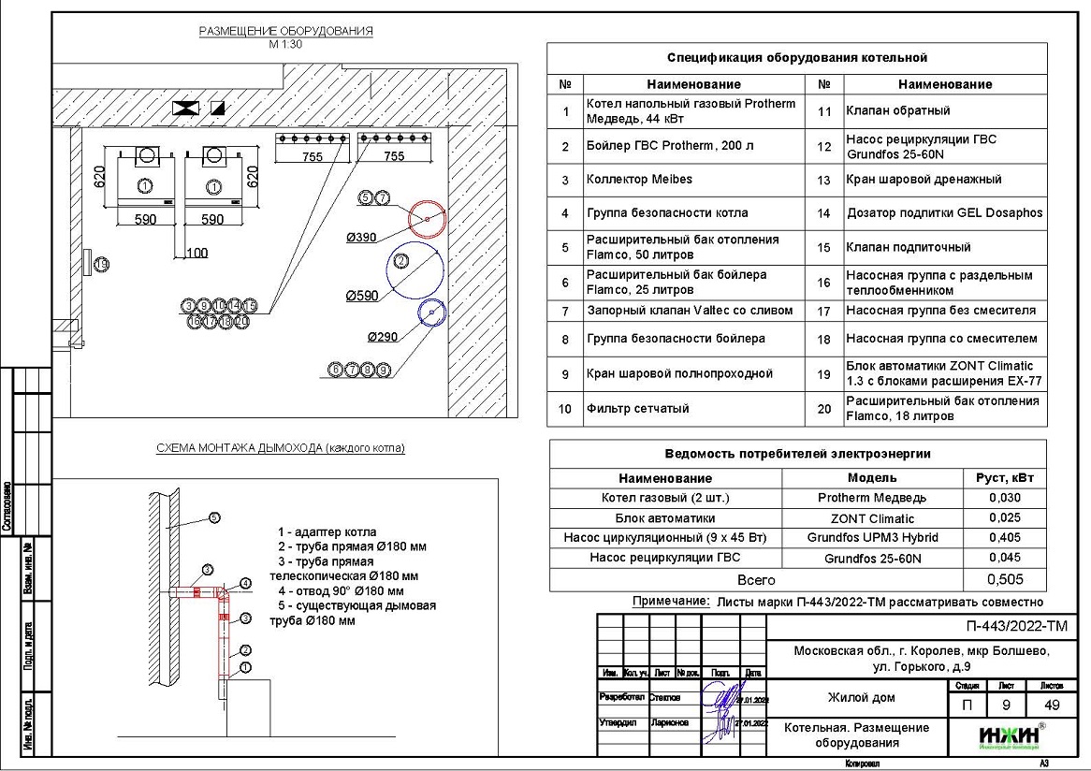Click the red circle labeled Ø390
coord(427,219)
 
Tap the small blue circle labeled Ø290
coord(431,313)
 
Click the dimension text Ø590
coord(362,296)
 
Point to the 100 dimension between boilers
coord(196,254)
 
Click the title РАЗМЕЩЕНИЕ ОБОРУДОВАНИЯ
coord(285,31)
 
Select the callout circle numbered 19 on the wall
coord(102,265)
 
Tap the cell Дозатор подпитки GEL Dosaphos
coord(943,213)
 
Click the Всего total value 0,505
coord(1004,579)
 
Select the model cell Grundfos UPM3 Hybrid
coord(872,538)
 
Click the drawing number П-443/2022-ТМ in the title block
coord(1015,627)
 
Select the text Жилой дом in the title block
coord(860,698)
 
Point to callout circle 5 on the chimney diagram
coord(214,517)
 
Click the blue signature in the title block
coord(723,711)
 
